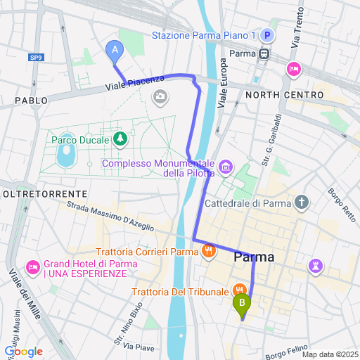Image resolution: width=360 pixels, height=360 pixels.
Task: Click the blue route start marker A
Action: pyautogui.click(x=114, y=50)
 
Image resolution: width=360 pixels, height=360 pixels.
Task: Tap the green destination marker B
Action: pyautogui.click(x=242, y=304)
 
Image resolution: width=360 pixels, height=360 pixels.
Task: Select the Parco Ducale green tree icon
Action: pyautogui.click(x=120, y=139)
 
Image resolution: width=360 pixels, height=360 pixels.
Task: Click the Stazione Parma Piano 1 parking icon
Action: pyautogui.click(x=266, y=35)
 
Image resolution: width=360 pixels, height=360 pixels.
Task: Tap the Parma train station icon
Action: pyautogui.click(x=264, y=53)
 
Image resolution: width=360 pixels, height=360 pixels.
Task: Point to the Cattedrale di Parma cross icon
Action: pyautogui.click(x=302, y=204)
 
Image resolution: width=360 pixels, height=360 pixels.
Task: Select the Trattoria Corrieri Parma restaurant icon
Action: pyautogui.click(x=208, y=251)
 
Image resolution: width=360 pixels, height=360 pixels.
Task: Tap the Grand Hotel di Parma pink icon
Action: pyautogui.click(x=32, y=268)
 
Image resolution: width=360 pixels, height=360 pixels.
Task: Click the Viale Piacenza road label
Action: pyautogui.click(x=135, y=82)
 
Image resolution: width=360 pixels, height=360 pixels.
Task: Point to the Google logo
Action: pyautogui.click(x=23, y=351)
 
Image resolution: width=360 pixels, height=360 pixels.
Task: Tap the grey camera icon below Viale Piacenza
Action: pyautogui.click(x=162, y=96)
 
